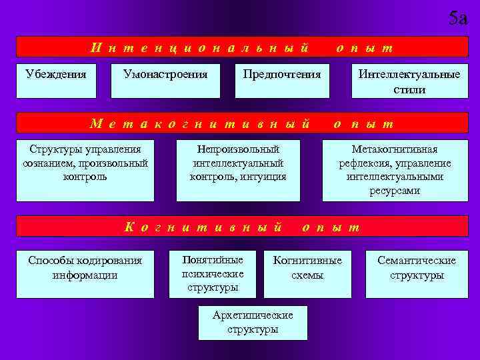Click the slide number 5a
458,18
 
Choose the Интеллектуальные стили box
409,81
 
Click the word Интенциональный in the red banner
201,47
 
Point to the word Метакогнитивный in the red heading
201,123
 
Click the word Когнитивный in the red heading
203,227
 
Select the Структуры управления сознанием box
85,169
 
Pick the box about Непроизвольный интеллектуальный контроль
238,169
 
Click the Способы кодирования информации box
85,273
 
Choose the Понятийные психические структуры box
213,273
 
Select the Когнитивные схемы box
307,273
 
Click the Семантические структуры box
417,273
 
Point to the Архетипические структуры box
253,323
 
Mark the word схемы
307,275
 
